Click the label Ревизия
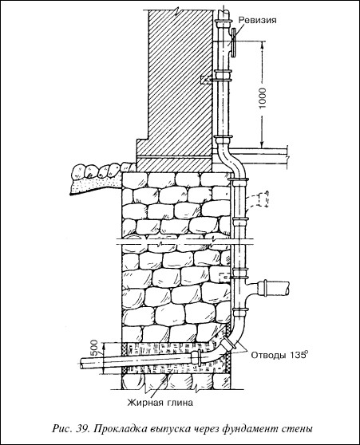(x=257, y=20)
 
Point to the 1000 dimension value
(x=263, y=98)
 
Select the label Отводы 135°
(x=279, y=355)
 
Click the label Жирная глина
(x=160, y=403)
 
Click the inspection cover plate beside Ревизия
(x=234, y=43)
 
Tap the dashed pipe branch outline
(x=257, y=201)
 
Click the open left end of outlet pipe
(x=81, y=364)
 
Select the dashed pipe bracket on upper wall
(x=206, y=80)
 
